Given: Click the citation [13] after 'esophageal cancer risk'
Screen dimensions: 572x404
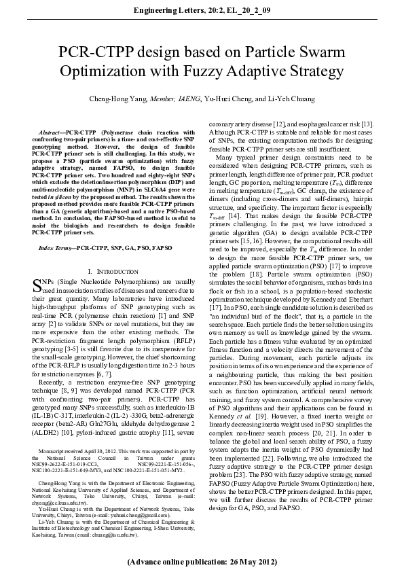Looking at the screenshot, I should pos(367,124).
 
